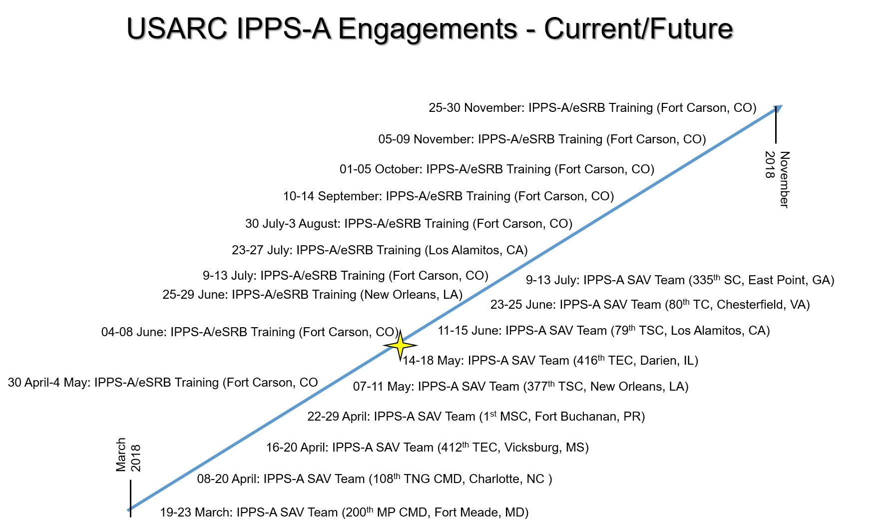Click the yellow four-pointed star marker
point(400,345)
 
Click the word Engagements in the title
point(428,29)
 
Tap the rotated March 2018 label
point(128,455)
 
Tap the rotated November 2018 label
point(777,179)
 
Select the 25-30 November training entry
point(592,108)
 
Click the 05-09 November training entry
point(542,139)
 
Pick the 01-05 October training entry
point(497,169)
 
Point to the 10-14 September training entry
point(448,196)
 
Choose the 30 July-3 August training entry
point(409,224)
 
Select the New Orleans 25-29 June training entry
point(313,295)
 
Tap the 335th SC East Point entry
point(680,280)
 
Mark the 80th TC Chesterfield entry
point(650,305)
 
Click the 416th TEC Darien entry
point(550,361)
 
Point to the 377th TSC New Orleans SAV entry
point(521,387)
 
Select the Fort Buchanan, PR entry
point(476,417)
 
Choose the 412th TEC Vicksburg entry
point(428,448)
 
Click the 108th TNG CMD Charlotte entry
point(375,479)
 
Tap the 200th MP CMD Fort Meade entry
point(344,513)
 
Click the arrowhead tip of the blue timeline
point(782,105)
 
